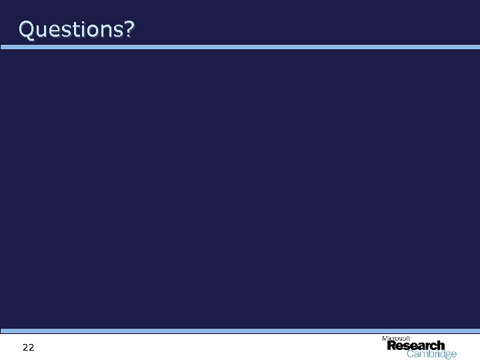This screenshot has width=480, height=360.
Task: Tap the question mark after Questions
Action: point(127,29)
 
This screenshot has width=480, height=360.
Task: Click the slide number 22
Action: point(28,347)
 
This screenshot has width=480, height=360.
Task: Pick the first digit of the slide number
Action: point(25,347)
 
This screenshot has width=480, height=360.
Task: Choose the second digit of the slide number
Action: point(31,347)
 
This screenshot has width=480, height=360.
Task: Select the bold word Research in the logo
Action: point(415,346)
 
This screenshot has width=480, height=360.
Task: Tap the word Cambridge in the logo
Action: point(432,355)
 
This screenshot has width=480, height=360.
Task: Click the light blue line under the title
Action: point(240,47)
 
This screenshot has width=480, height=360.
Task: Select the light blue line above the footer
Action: point(240,331)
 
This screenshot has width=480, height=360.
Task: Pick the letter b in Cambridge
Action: point(429,355)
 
